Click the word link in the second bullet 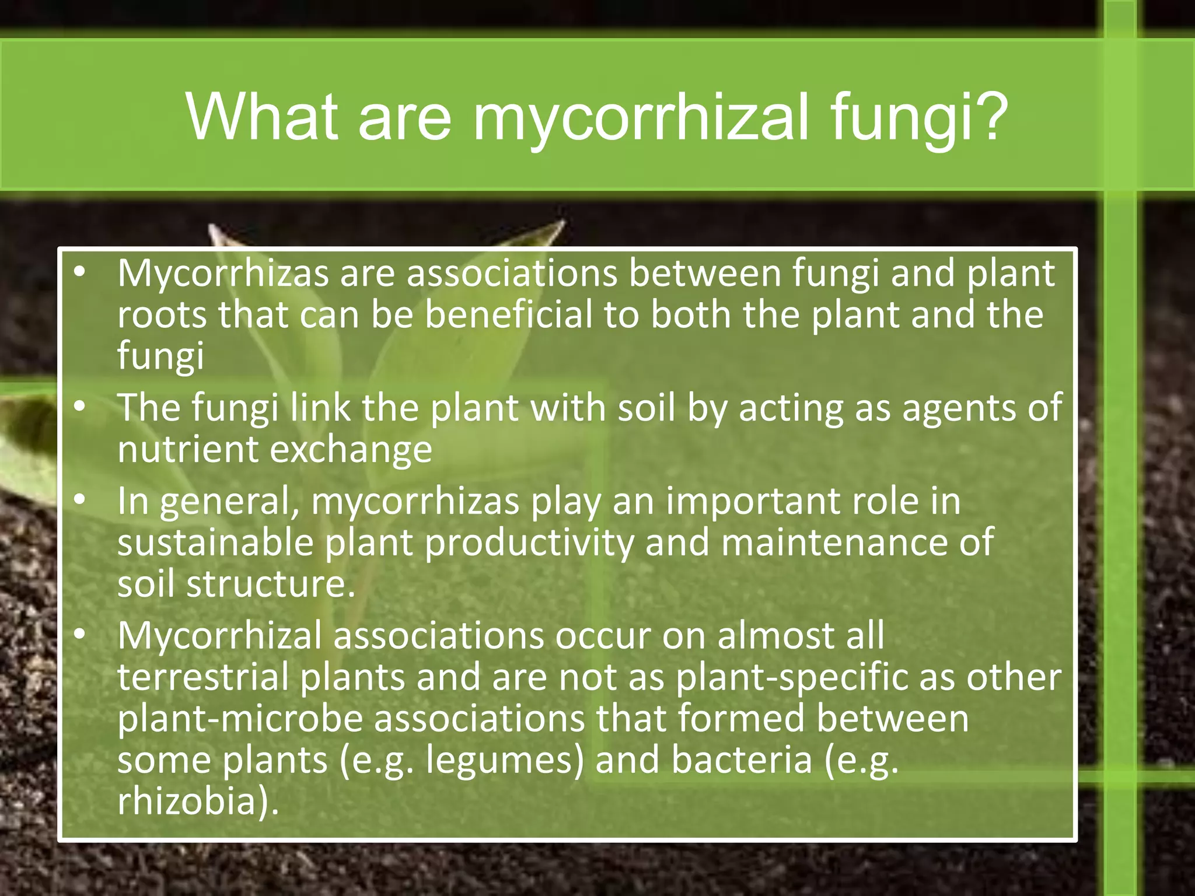(320, 408)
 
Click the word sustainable (215, 542)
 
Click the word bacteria (741, 760)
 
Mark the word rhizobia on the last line (187, 801)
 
